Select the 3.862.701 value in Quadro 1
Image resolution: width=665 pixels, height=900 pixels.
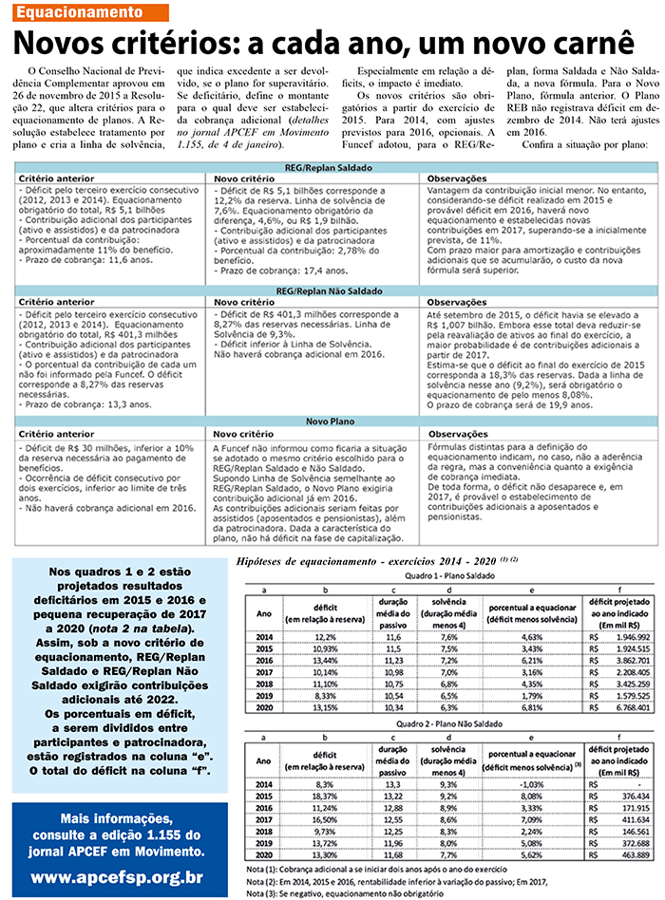point(624,660)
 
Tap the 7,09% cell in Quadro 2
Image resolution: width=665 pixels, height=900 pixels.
point(531,821)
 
